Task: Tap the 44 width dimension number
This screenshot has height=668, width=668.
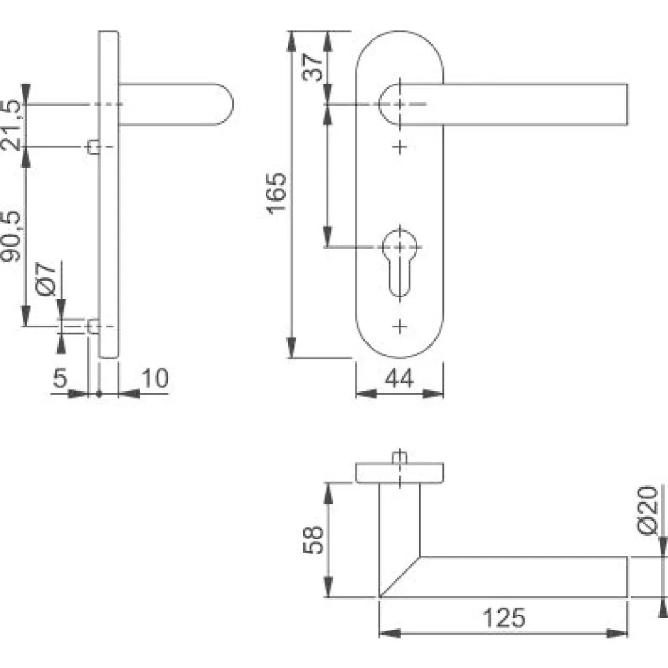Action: click(399, 379)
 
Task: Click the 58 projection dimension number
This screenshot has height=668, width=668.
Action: click(314, 539)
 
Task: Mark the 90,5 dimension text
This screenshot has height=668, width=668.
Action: click(13, 236)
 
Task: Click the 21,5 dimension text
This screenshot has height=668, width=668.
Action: click(13, 125)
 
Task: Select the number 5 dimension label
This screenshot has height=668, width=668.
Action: click(61, 378)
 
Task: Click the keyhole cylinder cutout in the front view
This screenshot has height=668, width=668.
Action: click(399, 261)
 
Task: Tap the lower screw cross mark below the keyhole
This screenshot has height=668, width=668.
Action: click(400, 325)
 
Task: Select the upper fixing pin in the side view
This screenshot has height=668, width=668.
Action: click(94, 147)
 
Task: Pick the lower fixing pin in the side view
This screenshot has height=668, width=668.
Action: click(93, 326)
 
